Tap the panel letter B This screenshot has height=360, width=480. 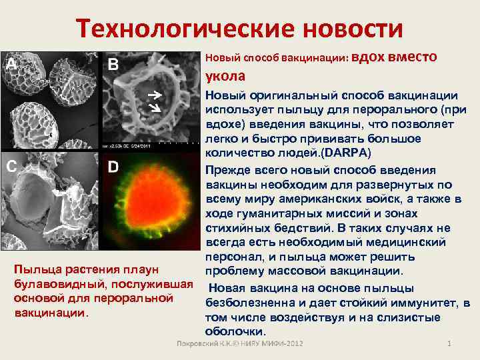(x=113, y=65)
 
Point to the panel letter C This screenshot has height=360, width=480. (x=11, y=167)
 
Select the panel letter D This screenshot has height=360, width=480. (x=113, y=167)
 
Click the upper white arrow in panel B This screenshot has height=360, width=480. (x=154, y=95)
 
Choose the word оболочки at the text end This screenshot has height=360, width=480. (x=236, y=331)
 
